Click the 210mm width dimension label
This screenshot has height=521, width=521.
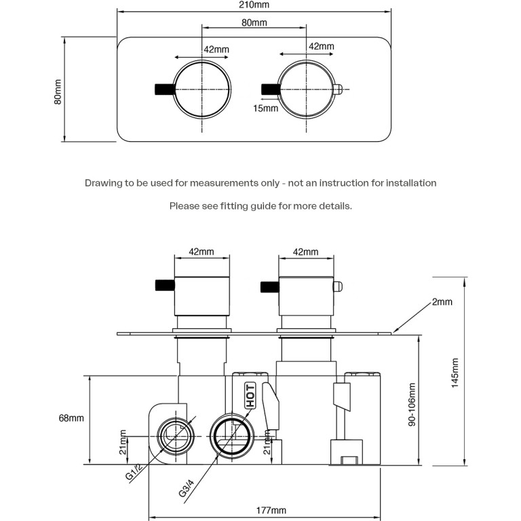tap(254, 5)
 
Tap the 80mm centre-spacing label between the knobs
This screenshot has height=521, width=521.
tap(254, 22)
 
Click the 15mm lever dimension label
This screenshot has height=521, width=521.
tap(266, 109)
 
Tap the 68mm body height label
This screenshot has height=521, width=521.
tap(71, 418)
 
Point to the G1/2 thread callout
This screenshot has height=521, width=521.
tap(133, 471)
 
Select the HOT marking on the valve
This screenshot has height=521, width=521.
tap(250, 395)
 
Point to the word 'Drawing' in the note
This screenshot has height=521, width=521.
tap(102, 183)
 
